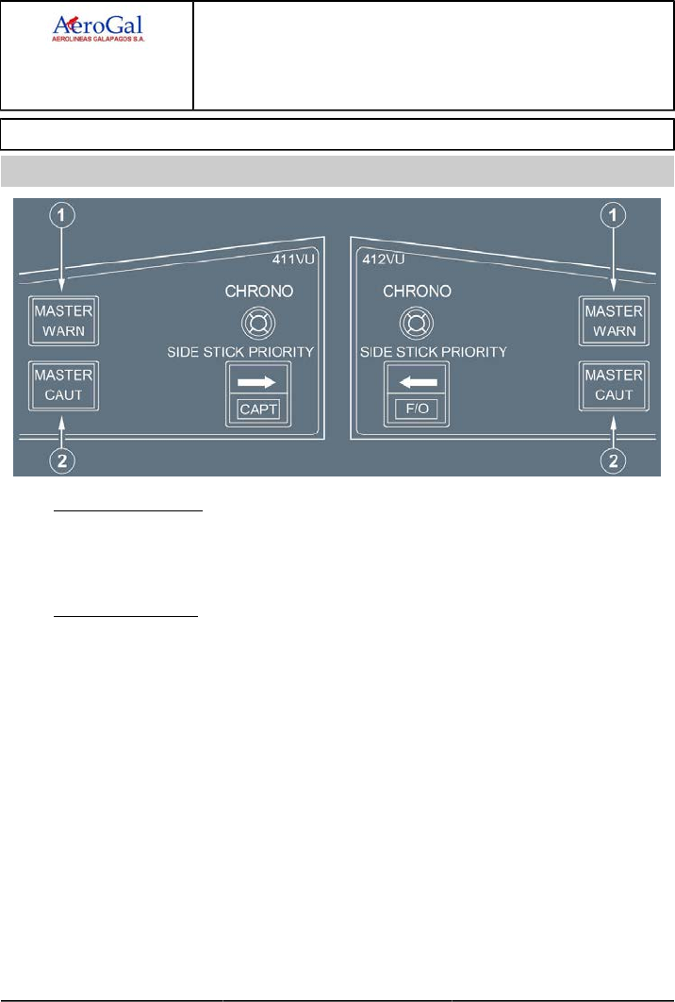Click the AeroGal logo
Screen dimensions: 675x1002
(x=97, y=28)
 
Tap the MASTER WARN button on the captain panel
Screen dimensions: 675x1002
(x=63, y=321)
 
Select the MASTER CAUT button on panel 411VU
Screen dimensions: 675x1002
(x=63, y=385)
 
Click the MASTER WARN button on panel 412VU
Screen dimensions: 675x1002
(x=614, y=321)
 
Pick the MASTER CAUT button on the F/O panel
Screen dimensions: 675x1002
(x=614, y=385)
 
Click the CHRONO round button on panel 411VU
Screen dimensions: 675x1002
(x=257, y=323)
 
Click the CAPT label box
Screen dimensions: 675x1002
(x=258, y=409)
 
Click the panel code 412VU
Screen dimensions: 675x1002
(x=379, y=256)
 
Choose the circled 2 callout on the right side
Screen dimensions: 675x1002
(x=615, y=459)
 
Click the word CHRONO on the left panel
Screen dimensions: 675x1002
(x=257, y=292)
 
